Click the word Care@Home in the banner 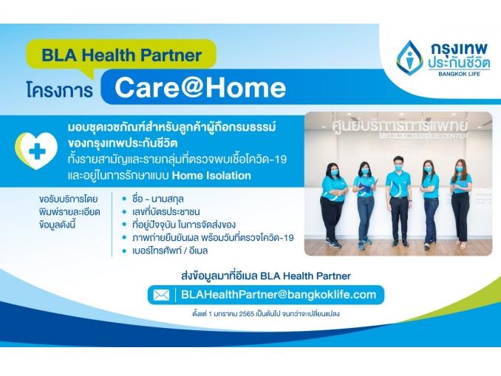click(200, 88)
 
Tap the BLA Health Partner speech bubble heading click(121, 55)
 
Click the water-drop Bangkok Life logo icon click(409, 58)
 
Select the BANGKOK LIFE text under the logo click(459, 74)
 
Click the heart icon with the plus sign click(36, 150)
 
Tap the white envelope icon click(161, 295)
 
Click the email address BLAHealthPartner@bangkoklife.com click(279, 295)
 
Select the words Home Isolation click(211, 175)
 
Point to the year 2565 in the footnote click(247, 314)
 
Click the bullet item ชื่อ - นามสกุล click(158, 199)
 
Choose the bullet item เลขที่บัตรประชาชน click(166, 212)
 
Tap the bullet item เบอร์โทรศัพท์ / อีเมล click(170, 250)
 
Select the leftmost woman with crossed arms click(333, 205)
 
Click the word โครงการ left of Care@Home click(60, 90)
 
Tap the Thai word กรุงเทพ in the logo click(460, 49)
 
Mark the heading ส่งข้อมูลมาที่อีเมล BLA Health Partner click(266, 276)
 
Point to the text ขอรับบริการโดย click(69, 199)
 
